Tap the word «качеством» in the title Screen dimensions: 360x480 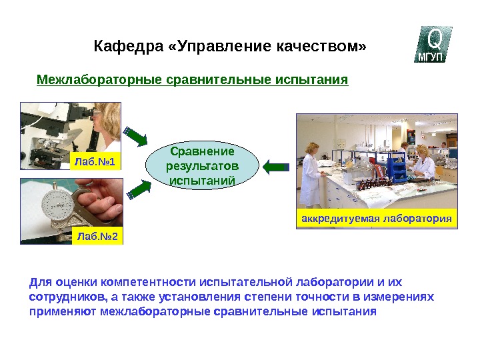pyautogui.click(x=320, y=47)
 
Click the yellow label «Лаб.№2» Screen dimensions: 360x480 pyautogui.click(x=97, y=235)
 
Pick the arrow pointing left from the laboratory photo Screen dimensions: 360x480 pyautogui.click(x=275, y=166)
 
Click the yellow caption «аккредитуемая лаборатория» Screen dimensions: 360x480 pyautogui.click(x=377, y=219)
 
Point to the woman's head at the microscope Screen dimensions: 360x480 pyautogui.click(x=107, y=120)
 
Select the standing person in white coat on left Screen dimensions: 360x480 pyautogui.click(x=312, y=173)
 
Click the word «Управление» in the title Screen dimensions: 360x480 pyautogui.click(x=213, y=47)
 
